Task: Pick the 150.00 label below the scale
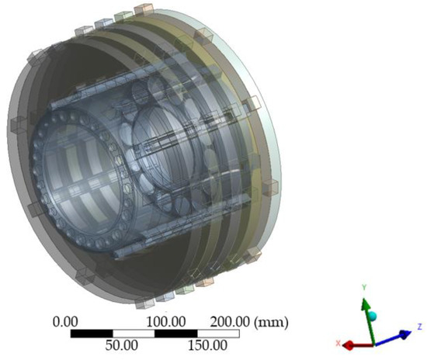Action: pyautogui.click(x=207, y=344)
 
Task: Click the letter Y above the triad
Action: pyautogui.click(x=363, y=287)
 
